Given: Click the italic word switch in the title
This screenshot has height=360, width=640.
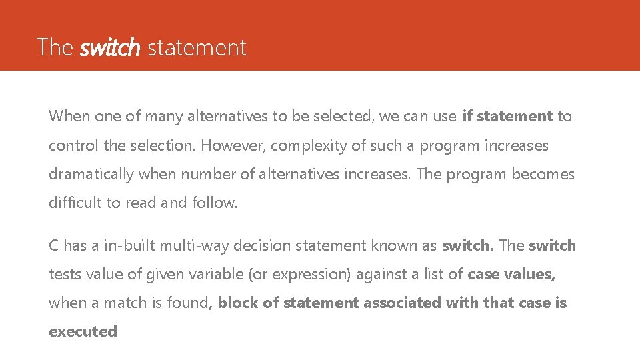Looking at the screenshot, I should click(110, 48).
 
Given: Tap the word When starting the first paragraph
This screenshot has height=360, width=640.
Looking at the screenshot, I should click(69, 117).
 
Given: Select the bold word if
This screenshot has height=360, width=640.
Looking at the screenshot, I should click(467, 117).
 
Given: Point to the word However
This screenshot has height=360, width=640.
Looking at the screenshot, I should click(231, 145).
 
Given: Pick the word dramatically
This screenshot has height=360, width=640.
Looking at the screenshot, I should click(91, 175).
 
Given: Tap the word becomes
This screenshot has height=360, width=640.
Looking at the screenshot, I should click(543, 175).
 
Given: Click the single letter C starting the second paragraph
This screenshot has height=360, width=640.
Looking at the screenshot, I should click(54, 245).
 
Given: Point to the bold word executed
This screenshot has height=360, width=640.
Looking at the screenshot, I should click(83, 331).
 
